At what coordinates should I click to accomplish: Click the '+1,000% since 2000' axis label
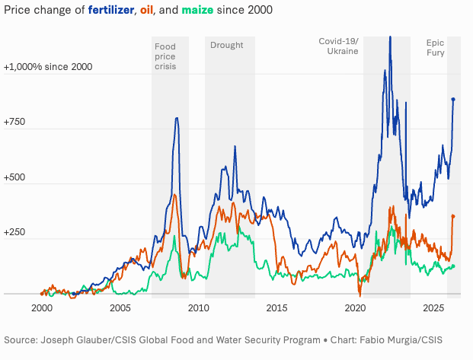coord(48,67)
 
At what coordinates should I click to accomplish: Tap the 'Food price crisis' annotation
coord(165,56)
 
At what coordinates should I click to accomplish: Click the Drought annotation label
coord(226,45)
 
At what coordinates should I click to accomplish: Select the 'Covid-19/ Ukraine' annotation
coord(338,45)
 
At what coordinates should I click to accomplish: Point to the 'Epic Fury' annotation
coord(435,48)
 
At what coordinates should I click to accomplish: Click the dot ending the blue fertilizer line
coord(453,99)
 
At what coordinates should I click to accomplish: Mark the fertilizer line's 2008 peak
coord(177,118)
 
